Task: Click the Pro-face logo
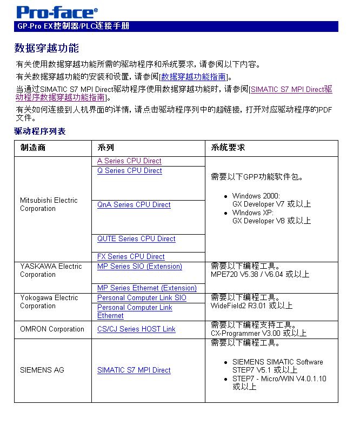[x=57, y=12]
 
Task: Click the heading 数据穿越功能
[x=46, y=49]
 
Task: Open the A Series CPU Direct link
[x=129, y=161]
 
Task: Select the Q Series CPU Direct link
[x=129, y=170]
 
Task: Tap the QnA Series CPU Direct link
[x=134, y=204]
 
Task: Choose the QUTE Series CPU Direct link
[x=136, y=238]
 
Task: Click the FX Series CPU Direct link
[x=131, y=256]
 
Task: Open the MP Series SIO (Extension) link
[x=139, y=266]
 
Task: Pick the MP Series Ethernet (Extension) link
[x=146, y=288]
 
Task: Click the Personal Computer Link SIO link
[x=142, y=297]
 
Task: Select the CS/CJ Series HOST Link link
[x=136, y=329]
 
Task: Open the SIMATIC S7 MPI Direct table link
[x=134, y=370]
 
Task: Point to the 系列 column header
[x=106, y=148]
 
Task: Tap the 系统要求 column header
[x=228, y=148]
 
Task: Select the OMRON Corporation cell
[x=52, y=329]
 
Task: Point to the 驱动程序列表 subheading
[x=39, y=131]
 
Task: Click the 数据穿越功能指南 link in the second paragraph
[x=193, y=77]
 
